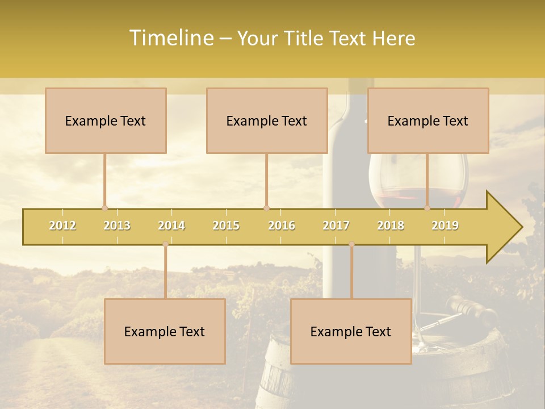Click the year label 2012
click(62, 226)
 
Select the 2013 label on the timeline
click(117, 226)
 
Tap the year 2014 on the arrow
click(171, 226)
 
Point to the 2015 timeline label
click(226, 226)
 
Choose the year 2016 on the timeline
click(282, 226)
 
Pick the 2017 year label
click(336, 226)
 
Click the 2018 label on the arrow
click(391, 226)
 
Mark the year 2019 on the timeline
click(445, 226)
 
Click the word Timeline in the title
click(171, 38)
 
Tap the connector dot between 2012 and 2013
click(104, 208)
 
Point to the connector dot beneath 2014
click(166, 244)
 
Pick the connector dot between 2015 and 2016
click(266, 208)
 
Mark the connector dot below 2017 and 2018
click(351, 244)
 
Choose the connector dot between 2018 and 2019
click(427, 208)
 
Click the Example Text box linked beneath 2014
click(165, 331)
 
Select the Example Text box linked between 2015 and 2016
click(267, 120)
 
